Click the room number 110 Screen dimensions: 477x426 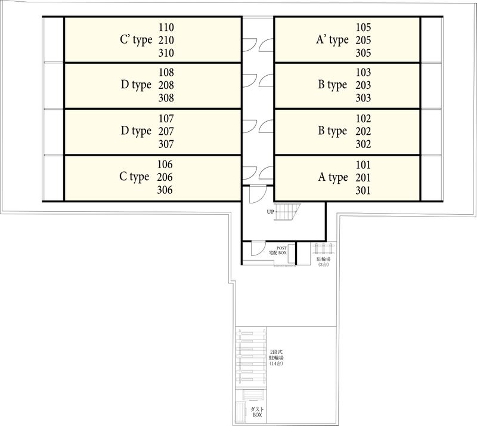point(166,27)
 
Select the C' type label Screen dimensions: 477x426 point(136,40)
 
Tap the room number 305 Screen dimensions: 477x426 point(363,53)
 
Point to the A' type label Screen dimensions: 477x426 point(332,40)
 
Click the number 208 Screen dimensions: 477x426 point(166,85)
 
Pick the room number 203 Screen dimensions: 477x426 point(363,85)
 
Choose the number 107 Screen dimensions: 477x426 point(166,119)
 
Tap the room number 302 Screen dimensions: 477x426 point(363,144)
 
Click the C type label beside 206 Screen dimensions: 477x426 point(134,177)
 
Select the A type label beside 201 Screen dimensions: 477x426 point(333,178)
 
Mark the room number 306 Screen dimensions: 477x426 point(165,190)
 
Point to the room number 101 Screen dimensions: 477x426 point(363,165)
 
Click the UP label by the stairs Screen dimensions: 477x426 point(271,212)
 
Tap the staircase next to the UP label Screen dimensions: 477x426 point(287,211)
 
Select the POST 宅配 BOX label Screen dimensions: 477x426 point(278,251)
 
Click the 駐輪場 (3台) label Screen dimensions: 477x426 point(323,262)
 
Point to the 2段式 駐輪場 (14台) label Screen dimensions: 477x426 point(276,358)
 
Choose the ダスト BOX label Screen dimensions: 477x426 point(257,412)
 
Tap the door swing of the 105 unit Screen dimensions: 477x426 point(266,45)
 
